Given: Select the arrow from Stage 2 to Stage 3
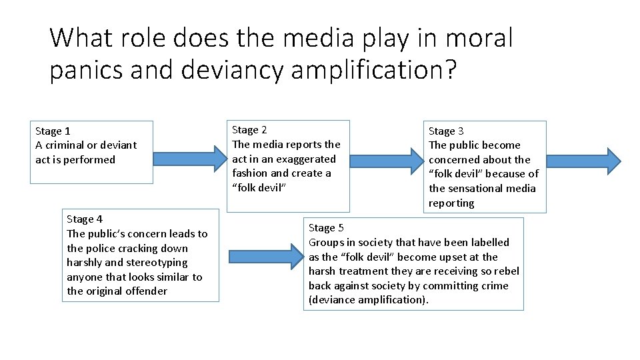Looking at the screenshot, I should click(x=386, y=160).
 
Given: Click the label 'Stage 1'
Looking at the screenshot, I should click(x=53, y=131).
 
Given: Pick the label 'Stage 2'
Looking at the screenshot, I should click(x=249, y=130).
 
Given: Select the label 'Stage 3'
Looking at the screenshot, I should click(x=446, y=131).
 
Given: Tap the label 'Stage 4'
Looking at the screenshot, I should click(x=85, y=219).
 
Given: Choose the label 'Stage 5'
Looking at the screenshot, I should click(x=326, y=228).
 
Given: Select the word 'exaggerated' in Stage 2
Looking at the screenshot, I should click(x=307, y=159).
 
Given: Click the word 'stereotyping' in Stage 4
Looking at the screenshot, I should click(x=157, y=263).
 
